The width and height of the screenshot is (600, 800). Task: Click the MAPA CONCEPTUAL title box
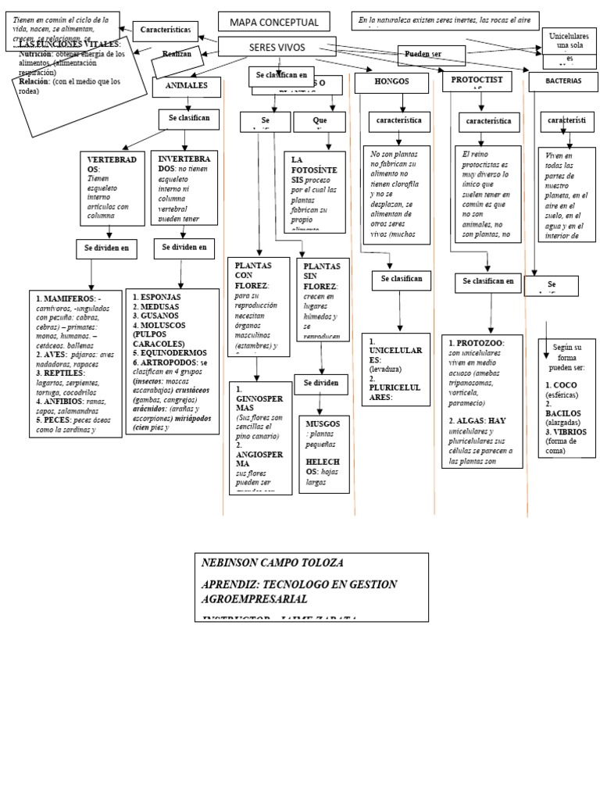tap(273, 22)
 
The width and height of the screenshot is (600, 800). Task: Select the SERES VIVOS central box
tap(277, 48)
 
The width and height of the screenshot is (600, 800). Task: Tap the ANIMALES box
tap(186, 87)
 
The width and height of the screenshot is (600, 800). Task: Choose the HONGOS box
tap(391, 82)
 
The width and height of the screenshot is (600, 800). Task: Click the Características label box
tap(165, 30)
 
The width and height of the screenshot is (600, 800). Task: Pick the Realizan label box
tap(177, 54)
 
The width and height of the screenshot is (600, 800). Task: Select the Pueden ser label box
tap(430, 55)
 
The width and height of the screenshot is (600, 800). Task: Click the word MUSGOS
tap(323, 423)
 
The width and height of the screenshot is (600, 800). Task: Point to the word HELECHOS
tap(323, 466)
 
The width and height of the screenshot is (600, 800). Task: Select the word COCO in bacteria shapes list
tap(565, 385)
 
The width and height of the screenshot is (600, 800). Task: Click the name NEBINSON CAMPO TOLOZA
tap(272, 562)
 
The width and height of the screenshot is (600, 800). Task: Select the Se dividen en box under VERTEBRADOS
tap(106, 249)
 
